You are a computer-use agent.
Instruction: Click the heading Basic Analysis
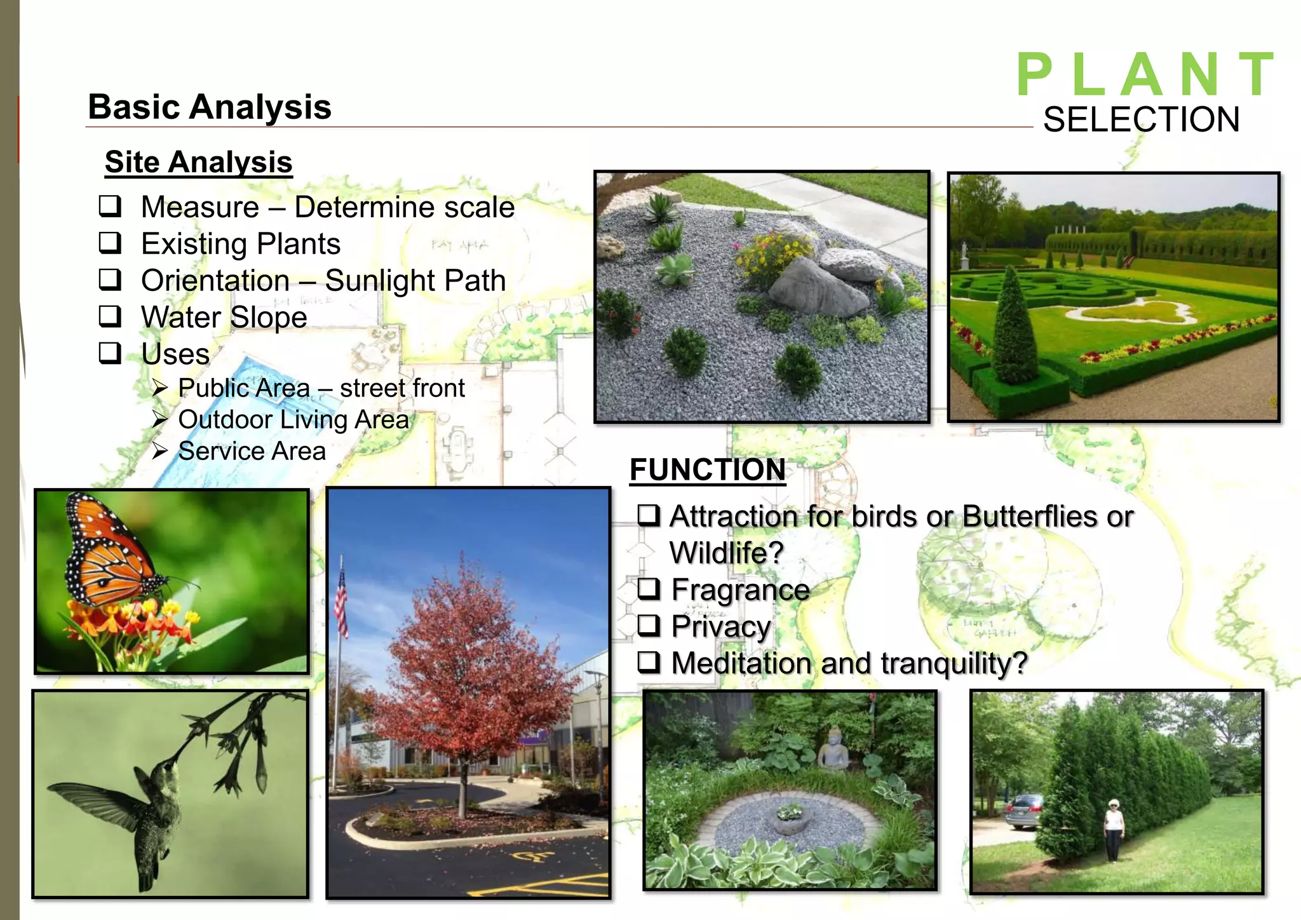210,107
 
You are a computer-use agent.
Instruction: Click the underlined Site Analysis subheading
198,162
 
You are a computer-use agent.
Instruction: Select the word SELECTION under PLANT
1141,119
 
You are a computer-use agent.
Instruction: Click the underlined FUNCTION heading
708,470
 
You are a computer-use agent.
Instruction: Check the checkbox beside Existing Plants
110,243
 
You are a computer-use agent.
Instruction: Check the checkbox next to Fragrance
649,589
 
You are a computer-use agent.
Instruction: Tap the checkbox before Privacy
649,626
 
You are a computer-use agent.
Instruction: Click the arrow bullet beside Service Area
160,451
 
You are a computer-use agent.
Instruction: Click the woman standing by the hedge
1113,829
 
